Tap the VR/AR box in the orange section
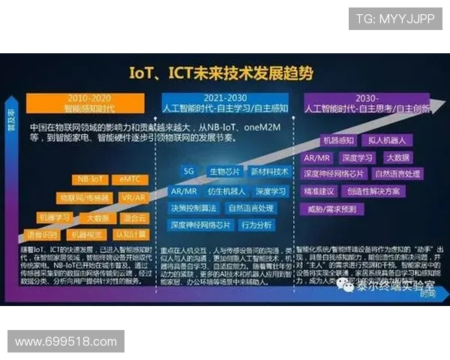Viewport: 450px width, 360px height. click(x=133, y=198)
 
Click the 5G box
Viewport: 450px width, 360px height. click(x=189, y=171)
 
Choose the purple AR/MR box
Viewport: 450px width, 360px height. click(x=318, y=158)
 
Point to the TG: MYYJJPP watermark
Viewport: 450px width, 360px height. click(x=395, y=18)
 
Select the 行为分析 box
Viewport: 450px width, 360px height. click(x=257, y=225)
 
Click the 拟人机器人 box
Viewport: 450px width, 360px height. click(x=382, y=140)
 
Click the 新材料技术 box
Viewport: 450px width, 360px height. click(x=268, y=171)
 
